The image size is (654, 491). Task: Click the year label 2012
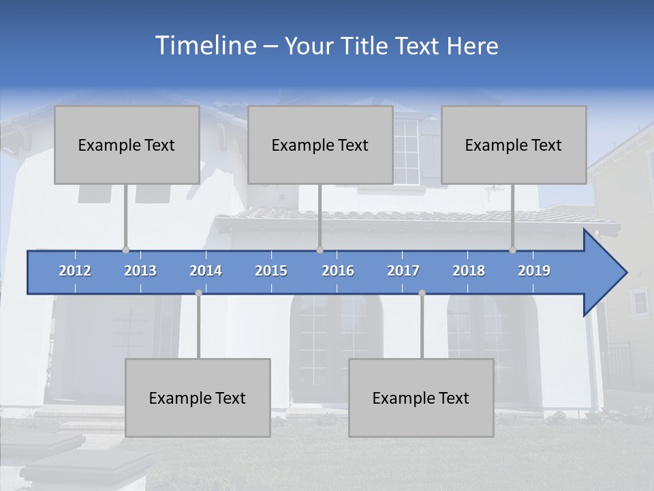coord(75,271)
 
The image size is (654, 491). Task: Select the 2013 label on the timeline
coord(140,271)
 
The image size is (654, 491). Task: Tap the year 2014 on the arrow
coord(206,271)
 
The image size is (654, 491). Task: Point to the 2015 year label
coord(271,271)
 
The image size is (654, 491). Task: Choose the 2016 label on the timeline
coord(338,271)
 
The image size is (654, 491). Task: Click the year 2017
coord(403,271)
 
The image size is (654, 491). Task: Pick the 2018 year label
coord(469,271)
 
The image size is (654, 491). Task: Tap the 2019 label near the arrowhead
coord(534,271)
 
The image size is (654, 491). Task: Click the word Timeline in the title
coord(205,46)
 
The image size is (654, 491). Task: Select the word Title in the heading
coord(364,46)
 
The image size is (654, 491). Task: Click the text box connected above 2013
coord(127,145)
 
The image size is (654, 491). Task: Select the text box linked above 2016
coord(320,145)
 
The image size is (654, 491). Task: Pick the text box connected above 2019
coord(514,145)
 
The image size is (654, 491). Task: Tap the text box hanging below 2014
coord(198,398)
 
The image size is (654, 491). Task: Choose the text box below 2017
coord(421,398)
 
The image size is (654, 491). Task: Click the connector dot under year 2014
coord(198,293)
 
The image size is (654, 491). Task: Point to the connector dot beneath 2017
coord(422,293)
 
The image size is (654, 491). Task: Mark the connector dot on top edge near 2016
coord(320,250)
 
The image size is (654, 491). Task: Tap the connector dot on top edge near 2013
coord(125,250)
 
